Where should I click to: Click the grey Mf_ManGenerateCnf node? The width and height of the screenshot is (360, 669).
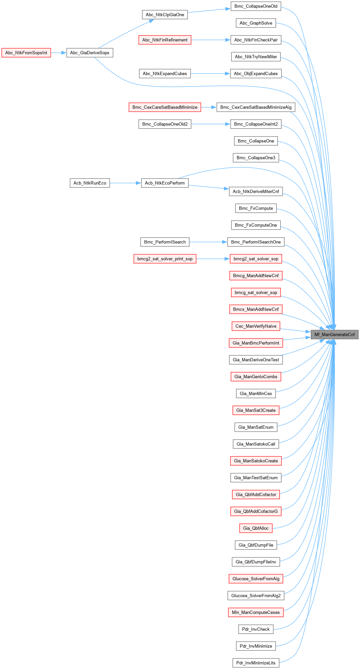[334, 334]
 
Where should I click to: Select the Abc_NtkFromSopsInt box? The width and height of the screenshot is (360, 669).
[26, 53]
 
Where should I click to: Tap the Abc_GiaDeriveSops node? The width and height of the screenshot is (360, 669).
[90, 53]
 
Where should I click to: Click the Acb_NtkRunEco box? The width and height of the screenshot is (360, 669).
[90, 183]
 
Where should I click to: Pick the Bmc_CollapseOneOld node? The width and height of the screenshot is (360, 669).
[256, 6]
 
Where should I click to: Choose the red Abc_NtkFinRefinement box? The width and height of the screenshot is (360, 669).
[165, 40]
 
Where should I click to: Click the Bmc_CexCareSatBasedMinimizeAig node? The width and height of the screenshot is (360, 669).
[256, 107]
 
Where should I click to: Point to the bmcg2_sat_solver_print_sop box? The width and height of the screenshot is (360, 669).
[165, 259]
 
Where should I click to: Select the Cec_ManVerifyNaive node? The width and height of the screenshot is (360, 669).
[256, 326]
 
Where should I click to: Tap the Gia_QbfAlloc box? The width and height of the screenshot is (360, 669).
[256, 528]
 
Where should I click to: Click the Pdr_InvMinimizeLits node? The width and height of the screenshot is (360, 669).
[256, 663]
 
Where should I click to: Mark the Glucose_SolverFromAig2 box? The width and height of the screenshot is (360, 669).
[256, 595]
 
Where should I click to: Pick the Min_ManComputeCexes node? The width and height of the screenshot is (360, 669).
[256, 612]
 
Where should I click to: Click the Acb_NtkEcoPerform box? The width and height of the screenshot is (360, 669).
[165, 183]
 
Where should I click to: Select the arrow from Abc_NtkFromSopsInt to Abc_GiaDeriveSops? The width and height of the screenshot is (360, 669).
[59, 53]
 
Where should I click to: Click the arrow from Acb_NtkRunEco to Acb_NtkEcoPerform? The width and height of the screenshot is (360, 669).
[125, 183]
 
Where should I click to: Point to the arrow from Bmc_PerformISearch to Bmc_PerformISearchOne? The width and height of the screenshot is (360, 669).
[208, 242]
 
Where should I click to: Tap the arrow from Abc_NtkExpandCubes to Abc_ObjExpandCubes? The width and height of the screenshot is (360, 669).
[210, 73]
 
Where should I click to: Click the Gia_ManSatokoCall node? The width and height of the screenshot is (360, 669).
[256, 444]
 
